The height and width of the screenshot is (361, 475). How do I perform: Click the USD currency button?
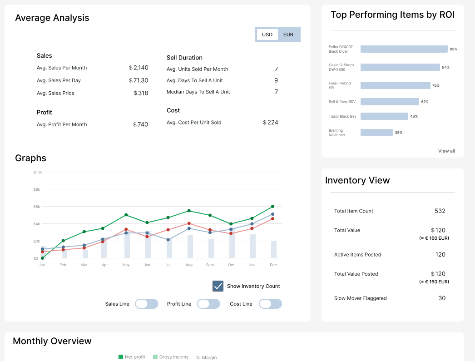click(x=267, y=35)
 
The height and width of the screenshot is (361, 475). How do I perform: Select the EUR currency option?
click(x=288, y=35)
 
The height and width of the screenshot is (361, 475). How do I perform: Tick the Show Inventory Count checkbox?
click(x=218, y=286)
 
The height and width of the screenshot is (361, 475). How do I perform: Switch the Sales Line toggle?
click(x=147, y=304)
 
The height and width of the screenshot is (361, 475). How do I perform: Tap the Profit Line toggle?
click(x=208, y=304)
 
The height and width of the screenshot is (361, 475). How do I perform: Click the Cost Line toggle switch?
click(x=270, y=304)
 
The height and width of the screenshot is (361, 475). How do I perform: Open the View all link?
click(x=446, y=151)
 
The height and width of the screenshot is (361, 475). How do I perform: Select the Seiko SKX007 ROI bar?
click(x=404, y=49)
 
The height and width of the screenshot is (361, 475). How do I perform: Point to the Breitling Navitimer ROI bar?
click(x=376, y=132)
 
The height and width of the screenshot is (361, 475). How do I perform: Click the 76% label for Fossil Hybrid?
click(x=435, y=85)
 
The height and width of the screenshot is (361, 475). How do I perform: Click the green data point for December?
click(x=272, y=206)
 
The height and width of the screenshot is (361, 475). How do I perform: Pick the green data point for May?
click(x=126, y=215)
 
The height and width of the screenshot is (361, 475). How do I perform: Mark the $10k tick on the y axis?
click(x=38, y=172)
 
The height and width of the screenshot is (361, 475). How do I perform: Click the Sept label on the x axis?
click(x=210, y=265)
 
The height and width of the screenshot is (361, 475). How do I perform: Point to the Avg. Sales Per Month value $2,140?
click(x=139, y=68)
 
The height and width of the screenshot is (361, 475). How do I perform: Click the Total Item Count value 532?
click(x=440, y=211)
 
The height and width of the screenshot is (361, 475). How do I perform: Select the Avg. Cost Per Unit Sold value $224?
click(x=271, y=122)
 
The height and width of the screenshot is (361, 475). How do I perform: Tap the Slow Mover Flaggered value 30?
click(x=442, y=298)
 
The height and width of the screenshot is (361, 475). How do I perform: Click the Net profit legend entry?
click(x=132, y=357)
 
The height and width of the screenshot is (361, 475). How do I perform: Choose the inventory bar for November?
click(x=252, y=246)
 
